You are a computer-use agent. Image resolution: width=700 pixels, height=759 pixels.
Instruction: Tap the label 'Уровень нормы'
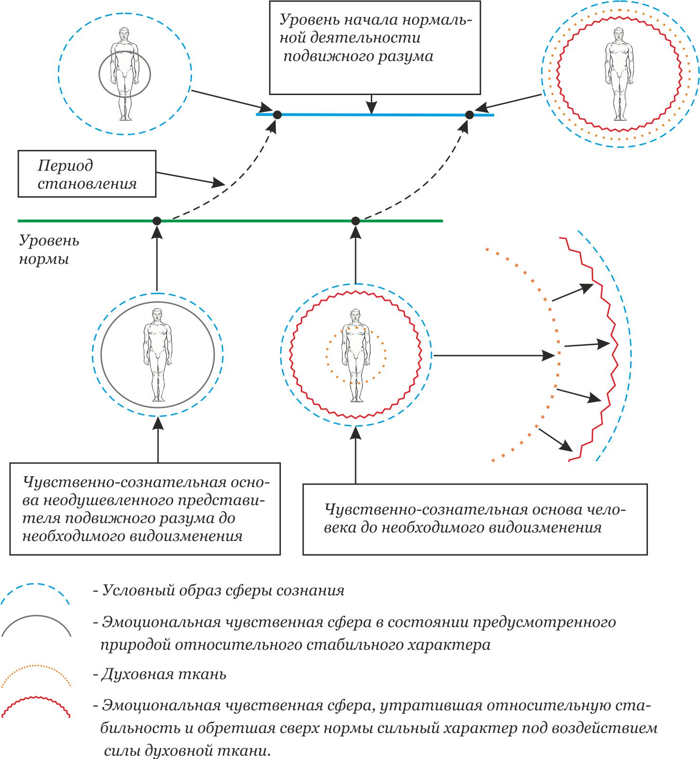49,250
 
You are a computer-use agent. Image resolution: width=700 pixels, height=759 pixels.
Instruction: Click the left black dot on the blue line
278,114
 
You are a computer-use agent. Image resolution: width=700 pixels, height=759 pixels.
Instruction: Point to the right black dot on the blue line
469,114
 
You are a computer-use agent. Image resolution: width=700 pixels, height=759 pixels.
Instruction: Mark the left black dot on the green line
157,221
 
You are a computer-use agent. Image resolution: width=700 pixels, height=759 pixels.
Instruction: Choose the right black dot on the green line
356,221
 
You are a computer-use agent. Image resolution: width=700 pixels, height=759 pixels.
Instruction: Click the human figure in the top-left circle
125,74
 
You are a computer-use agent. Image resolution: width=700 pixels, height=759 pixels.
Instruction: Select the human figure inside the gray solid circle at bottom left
157,355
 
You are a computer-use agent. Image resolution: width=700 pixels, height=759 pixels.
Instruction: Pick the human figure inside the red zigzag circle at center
356,355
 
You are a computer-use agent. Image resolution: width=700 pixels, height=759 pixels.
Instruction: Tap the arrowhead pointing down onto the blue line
372,108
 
